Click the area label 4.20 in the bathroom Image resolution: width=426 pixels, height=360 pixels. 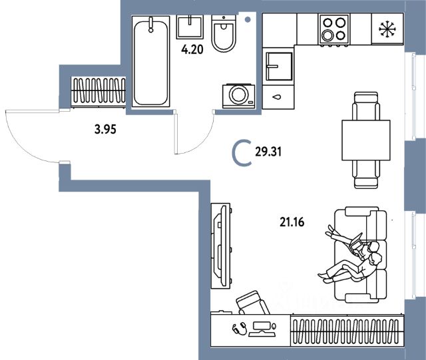[x=194, y=48]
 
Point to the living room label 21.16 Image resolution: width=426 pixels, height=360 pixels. [x=290, y=223]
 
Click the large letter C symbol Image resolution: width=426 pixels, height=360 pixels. [x=242, y=153]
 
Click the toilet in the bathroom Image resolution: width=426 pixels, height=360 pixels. [x=224, y=35]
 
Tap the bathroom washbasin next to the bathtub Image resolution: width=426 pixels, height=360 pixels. [x=192, y=26]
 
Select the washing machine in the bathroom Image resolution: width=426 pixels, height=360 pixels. [x=238, y=94]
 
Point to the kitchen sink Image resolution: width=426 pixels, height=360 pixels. [x=276, y=66]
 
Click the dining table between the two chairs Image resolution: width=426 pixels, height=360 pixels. [x=365, y=140]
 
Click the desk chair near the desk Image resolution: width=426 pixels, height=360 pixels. [x=252, y=303]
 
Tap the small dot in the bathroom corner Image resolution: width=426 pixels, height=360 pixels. [x=248, y=20]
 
